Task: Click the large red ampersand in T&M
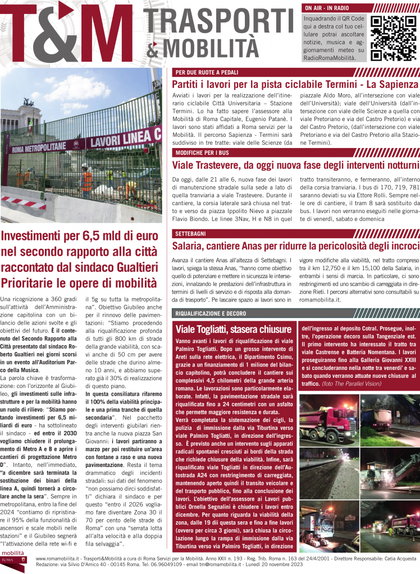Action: point(74,35)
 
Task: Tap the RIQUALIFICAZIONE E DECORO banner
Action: point(211,313)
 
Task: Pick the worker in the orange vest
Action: point(86,180)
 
